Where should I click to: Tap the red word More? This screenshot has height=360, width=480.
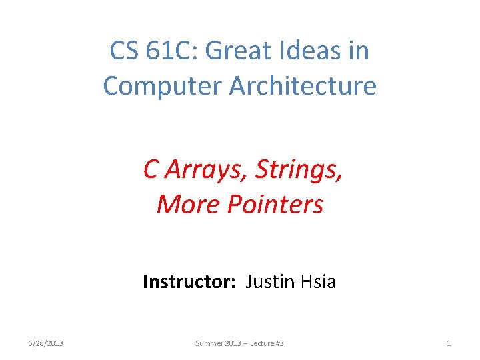tap(189, 204)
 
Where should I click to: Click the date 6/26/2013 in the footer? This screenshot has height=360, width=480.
tap(46, 343)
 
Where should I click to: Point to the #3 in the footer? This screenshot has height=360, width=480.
tap(280, 343)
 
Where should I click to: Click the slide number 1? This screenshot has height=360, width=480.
tap(449, 343)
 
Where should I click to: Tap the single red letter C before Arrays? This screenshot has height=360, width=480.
tap(151, 171)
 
